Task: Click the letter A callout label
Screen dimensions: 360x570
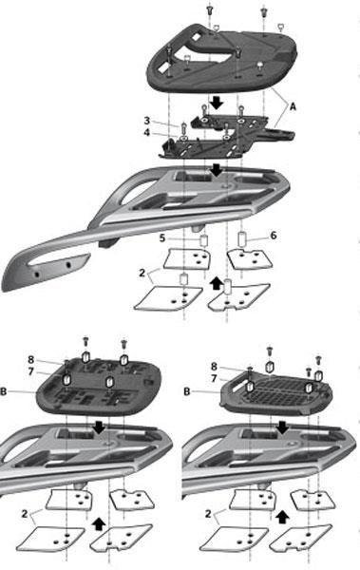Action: pyautogui.click(x=293, y=106)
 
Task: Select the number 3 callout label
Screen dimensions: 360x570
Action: pyautogui.click(x=147, y=121)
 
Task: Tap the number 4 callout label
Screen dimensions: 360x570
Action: pyautogui.click(x=146, y=132)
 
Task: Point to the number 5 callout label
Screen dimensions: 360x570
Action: pyautogui.click(x=162, y=238)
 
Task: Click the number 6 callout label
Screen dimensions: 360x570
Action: pyautogui.click(x=274, y=236)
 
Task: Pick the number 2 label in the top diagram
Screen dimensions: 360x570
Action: pyautogui.click(x=142, y=273)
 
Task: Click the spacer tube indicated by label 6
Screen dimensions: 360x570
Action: pyautogui.click(x=242, y=238)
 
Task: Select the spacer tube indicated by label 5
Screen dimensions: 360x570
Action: pyautogui.click(x=204, y=240)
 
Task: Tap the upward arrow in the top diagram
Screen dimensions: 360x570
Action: pyautogui.click(x=217, y=283)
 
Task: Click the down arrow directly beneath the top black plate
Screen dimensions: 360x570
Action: pyautogui.click(x=217, y=103)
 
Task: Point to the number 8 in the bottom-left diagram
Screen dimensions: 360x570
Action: pyautogui.click(x=31, y=359)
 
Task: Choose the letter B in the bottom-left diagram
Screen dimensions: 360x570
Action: pyautogui.click(x=4, y=391)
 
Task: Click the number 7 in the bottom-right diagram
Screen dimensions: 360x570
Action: pyautogui.click(x=214, y=378)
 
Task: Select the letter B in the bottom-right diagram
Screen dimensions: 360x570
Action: pyautogui.click(x=187, y=391)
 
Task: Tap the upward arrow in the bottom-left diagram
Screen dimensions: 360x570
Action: pyautogui.click(x=99, y=524)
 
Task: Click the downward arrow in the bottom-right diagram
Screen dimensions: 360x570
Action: pyautogui.click(x=282, y=427)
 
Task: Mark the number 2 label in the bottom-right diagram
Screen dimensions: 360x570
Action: pyautogui.click(x=208, y=514)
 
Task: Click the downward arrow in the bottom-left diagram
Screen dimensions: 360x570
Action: pyautogui.click(x=99, y=427)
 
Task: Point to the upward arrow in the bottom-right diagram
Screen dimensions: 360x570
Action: pyautogui.click(x=281, y=517)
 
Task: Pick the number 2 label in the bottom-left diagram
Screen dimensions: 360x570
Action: pyautogui.click(x=25, y=514)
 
